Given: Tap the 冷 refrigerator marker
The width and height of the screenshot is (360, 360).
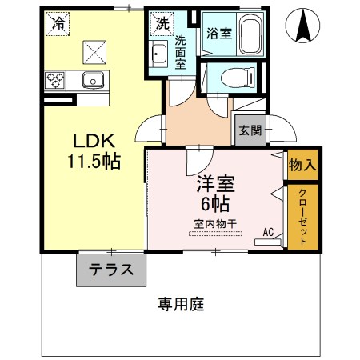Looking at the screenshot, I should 58,24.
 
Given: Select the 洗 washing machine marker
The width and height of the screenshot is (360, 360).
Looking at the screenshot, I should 162,23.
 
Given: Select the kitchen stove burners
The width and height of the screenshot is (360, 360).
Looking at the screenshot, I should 57,79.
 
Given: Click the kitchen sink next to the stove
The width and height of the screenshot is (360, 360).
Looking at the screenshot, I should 91,79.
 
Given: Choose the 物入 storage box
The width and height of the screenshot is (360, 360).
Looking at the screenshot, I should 303,166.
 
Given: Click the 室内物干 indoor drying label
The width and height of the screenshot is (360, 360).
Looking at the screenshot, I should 215,224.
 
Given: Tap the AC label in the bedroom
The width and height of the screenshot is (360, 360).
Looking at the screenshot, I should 269,232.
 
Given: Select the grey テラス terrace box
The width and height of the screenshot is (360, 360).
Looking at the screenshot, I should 111,269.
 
